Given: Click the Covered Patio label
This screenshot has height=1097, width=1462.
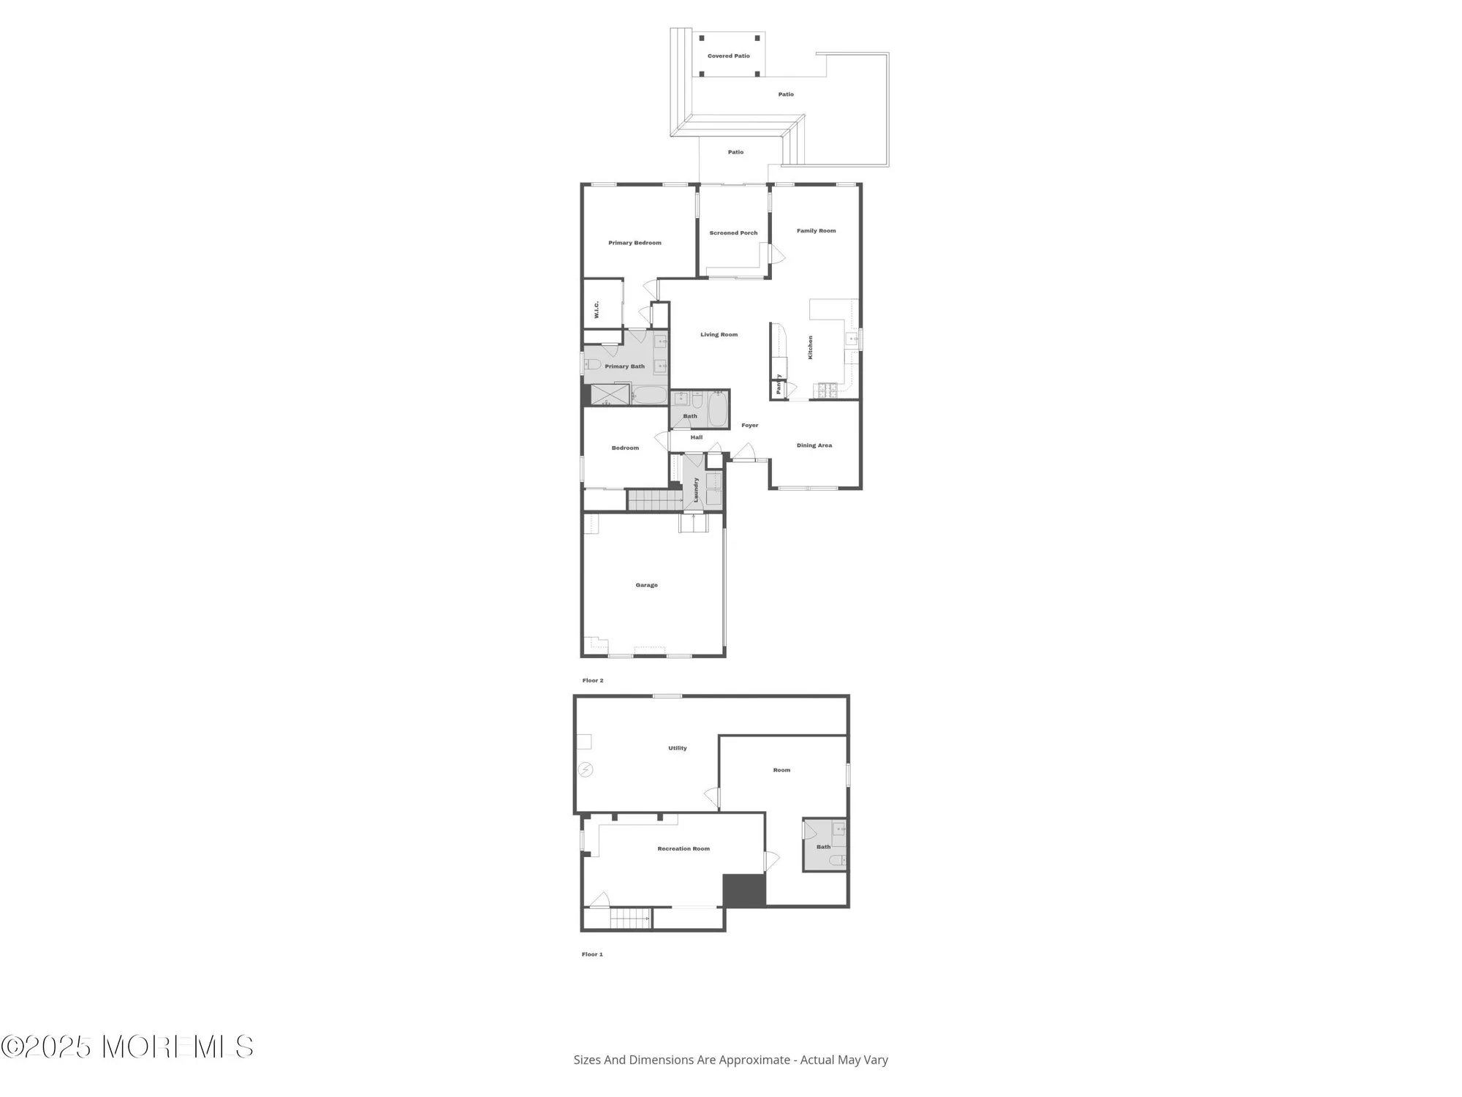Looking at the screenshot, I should pyautogui.click(x=728, y=56).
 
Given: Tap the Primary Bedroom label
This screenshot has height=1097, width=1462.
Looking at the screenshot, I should pyautogui.click(x=635, y=243).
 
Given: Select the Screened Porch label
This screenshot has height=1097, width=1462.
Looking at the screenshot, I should pyautogui.click(x=733, y=233).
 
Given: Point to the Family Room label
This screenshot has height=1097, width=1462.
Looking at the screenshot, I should pyautogui.click(x=816, y=231).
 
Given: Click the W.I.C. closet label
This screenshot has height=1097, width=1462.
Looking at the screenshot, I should pyautogui.click(x=597, y=309).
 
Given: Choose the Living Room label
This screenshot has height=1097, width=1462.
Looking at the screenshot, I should pyautogui.click(x=719, y=335).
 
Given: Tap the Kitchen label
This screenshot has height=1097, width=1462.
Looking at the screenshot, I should pyautogui.click(x=810, y=347).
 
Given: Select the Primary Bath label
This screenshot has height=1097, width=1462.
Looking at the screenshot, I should pyautogui.click(x=624, y=366).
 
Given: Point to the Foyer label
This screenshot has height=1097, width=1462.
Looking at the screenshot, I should pyautogui.click(x=749, y=426).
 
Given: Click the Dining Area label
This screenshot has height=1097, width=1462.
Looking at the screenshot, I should pyautogui.click(x=814, y=445).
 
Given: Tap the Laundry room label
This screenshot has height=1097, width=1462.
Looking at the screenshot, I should pyautogui.click(x=696, y=489).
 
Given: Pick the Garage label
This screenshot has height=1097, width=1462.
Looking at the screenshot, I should pyautogui.click(x=646, y=585).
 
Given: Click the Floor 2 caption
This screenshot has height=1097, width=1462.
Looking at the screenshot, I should pyautogui.click(x=592, y=681).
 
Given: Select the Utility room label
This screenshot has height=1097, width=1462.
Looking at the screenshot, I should pyautogui.click(x=677, y=748).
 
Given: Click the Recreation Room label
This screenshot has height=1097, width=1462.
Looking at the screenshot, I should pyautogui.click(x=683, y=849).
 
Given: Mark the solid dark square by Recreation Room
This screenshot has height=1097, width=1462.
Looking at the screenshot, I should pyautogui.click(x=743, y=891).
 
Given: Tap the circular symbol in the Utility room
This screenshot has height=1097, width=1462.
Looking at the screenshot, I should pyautogui.click(x=586, y=769).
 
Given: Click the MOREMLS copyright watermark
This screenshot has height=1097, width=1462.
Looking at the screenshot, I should pyautogui.click(x=127, y=1047).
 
